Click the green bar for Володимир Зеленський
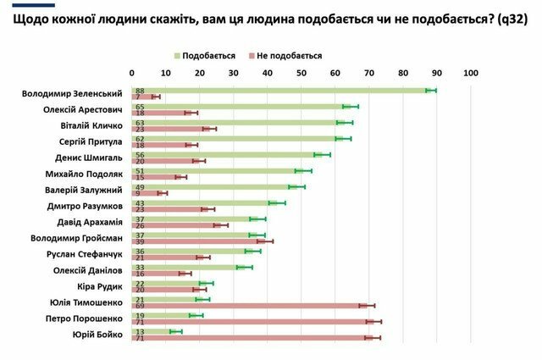pos(279,90)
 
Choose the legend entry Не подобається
pos(288,56)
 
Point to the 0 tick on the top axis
pos(132,74)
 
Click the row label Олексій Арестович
pos(83,109)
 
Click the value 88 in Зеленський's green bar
pos(139,90)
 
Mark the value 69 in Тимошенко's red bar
pos(139,305)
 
